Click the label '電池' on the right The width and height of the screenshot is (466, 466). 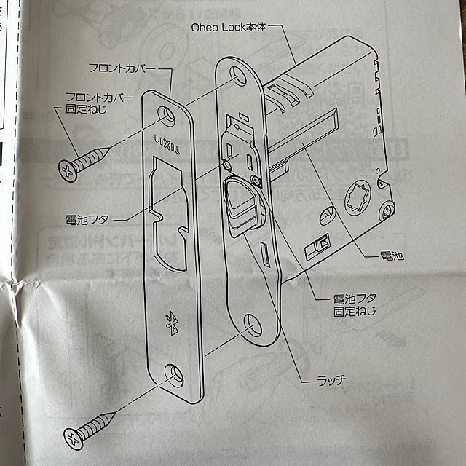click(x=392, y=256)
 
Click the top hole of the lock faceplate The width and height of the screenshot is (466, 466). click(x=234, y=75)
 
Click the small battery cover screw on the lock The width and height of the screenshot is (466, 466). click(x=255, y=179)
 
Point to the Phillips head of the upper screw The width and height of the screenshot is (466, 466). click(x=68, y=172)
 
